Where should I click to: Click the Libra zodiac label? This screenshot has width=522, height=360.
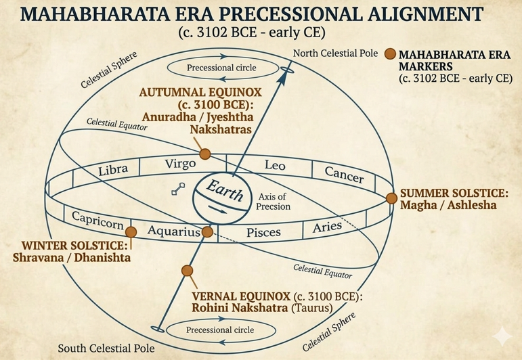pos(113,170)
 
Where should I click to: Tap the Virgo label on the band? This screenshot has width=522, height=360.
pos(180,164)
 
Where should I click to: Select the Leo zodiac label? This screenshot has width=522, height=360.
pos(275,165)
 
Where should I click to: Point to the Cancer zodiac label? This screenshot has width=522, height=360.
pos(344,175)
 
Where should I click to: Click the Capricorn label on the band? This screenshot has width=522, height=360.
pos(97,220)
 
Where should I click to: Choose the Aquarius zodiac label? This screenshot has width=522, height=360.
pos(174,231)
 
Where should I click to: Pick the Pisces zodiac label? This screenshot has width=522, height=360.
pos(263,232)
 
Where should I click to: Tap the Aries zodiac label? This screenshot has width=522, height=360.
pos(327,227)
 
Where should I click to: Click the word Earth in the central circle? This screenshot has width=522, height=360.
pos(225,190)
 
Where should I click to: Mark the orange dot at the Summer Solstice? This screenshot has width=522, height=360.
pos(391,198)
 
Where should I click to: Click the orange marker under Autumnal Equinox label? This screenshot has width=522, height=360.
pos(204,154)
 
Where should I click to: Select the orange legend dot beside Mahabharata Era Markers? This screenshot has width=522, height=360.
pos(390,53)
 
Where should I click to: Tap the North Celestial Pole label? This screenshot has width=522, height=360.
pos(335,53)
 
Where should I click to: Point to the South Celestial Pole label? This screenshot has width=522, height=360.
pos(106,348)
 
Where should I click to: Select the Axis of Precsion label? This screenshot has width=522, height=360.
pos(273,202)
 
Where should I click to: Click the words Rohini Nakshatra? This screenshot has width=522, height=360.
pos(240,308)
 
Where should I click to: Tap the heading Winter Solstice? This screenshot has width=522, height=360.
pos(74,246)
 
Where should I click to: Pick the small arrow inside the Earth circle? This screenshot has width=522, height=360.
pos(218,210)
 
